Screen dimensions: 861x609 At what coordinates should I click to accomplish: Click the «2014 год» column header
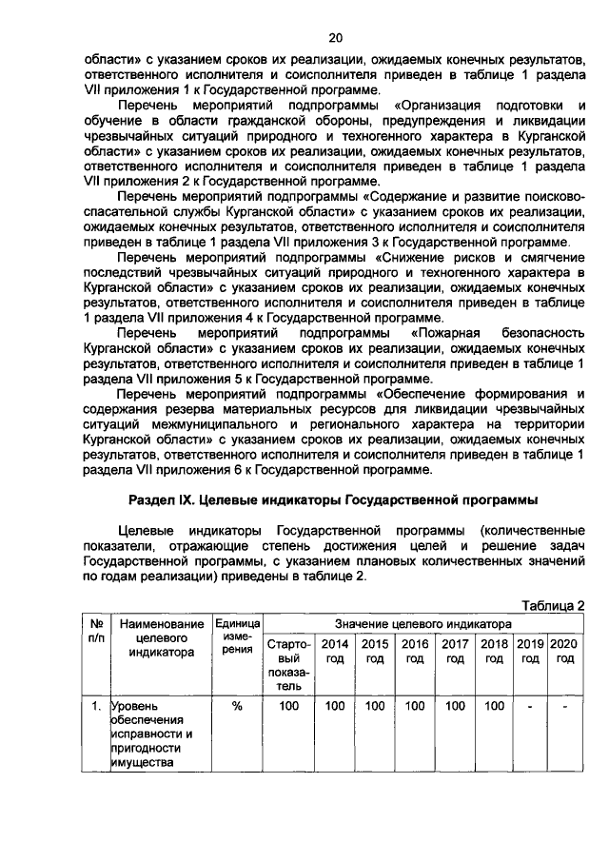[x=336, y=651]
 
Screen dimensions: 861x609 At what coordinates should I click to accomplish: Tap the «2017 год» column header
[x=455, y=651]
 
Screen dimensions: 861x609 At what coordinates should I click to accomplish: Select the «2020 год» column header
[x=564, y=651]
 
